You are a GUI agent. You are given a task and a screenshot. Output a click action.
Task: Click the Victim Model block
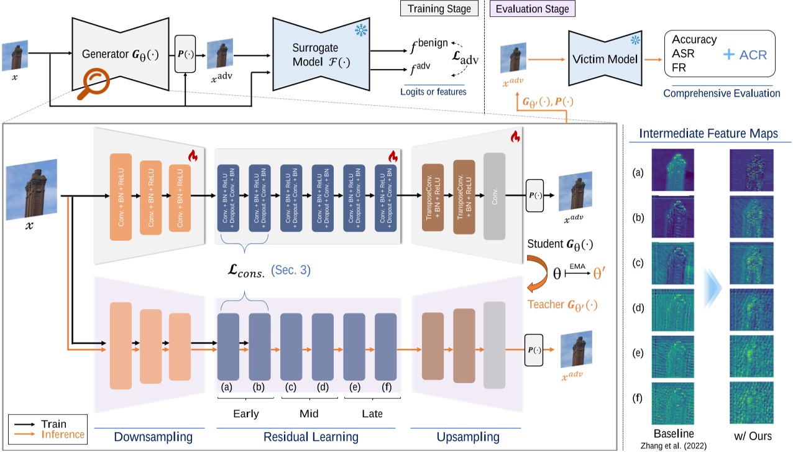coord(606,60)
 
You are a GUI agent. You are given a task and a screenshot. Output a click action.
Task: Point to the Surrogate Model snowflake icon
coord(360,30)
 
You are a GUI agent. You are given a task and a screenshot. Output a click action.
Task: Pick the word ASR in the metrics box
coord(683,53)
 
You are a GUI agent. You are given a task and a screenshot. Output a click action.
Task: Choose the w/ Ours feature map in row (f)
coord(751,402)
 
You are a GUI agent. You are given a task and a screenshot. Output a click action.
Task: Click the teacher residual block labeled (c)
coord(291,346)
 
